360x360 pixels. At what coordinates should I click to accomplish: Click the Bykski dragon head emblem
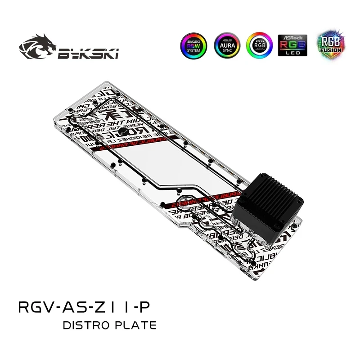tap(37, 49)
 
